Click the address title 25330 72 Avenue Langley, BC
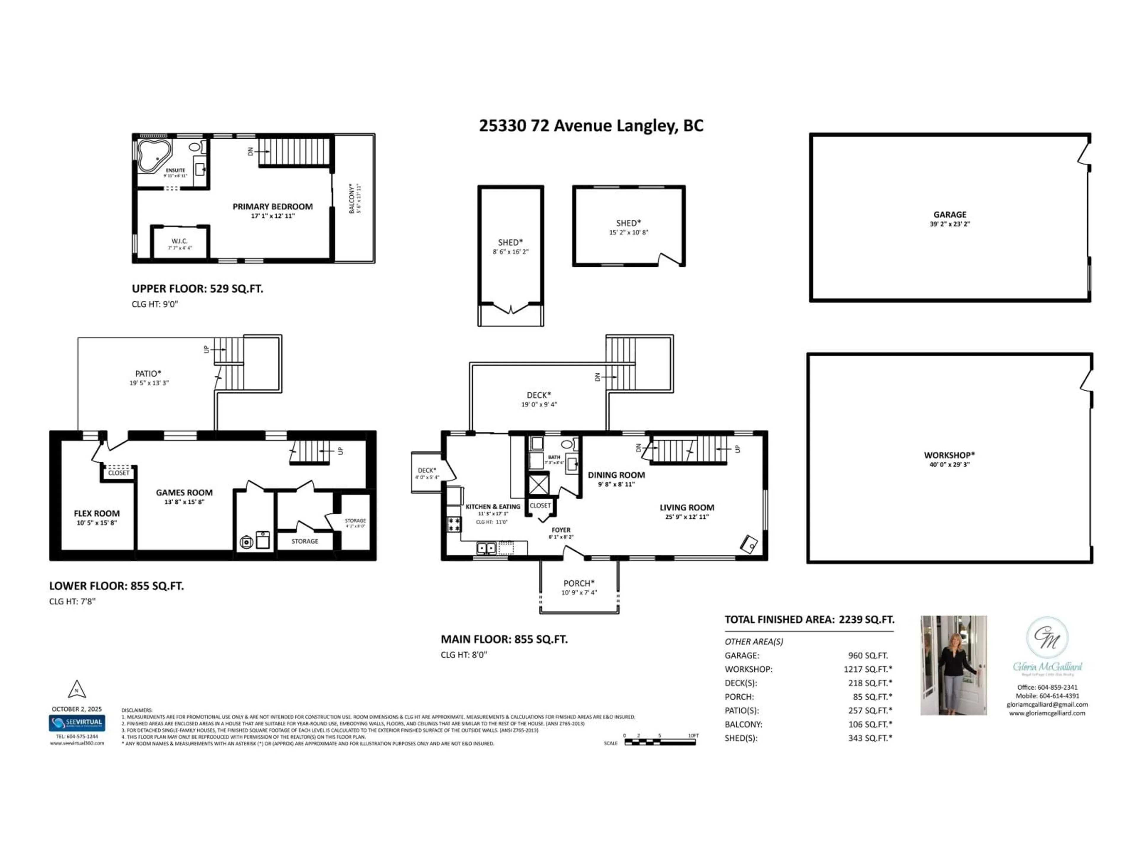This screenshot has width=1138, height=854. (x=591, y=126)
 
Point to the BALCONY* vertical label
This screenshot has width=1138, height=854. (x=352, y=198)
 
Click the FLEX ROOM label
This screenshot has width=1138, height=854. (x=97, y=513)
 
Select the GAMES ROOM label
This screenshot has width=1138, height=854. (x=184, y=493)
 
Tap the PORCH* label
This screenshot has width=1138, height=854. (x=579, y=583)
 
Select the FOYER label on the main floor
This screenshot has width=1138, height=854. (x=561, y=530)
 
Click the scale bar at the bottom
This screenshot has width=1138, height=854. (x=660, y=742)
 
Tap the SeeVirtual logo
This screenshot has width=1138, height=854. (x=77, y=723)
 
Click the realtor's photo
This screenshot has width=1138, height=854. (x=953, y=665)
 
